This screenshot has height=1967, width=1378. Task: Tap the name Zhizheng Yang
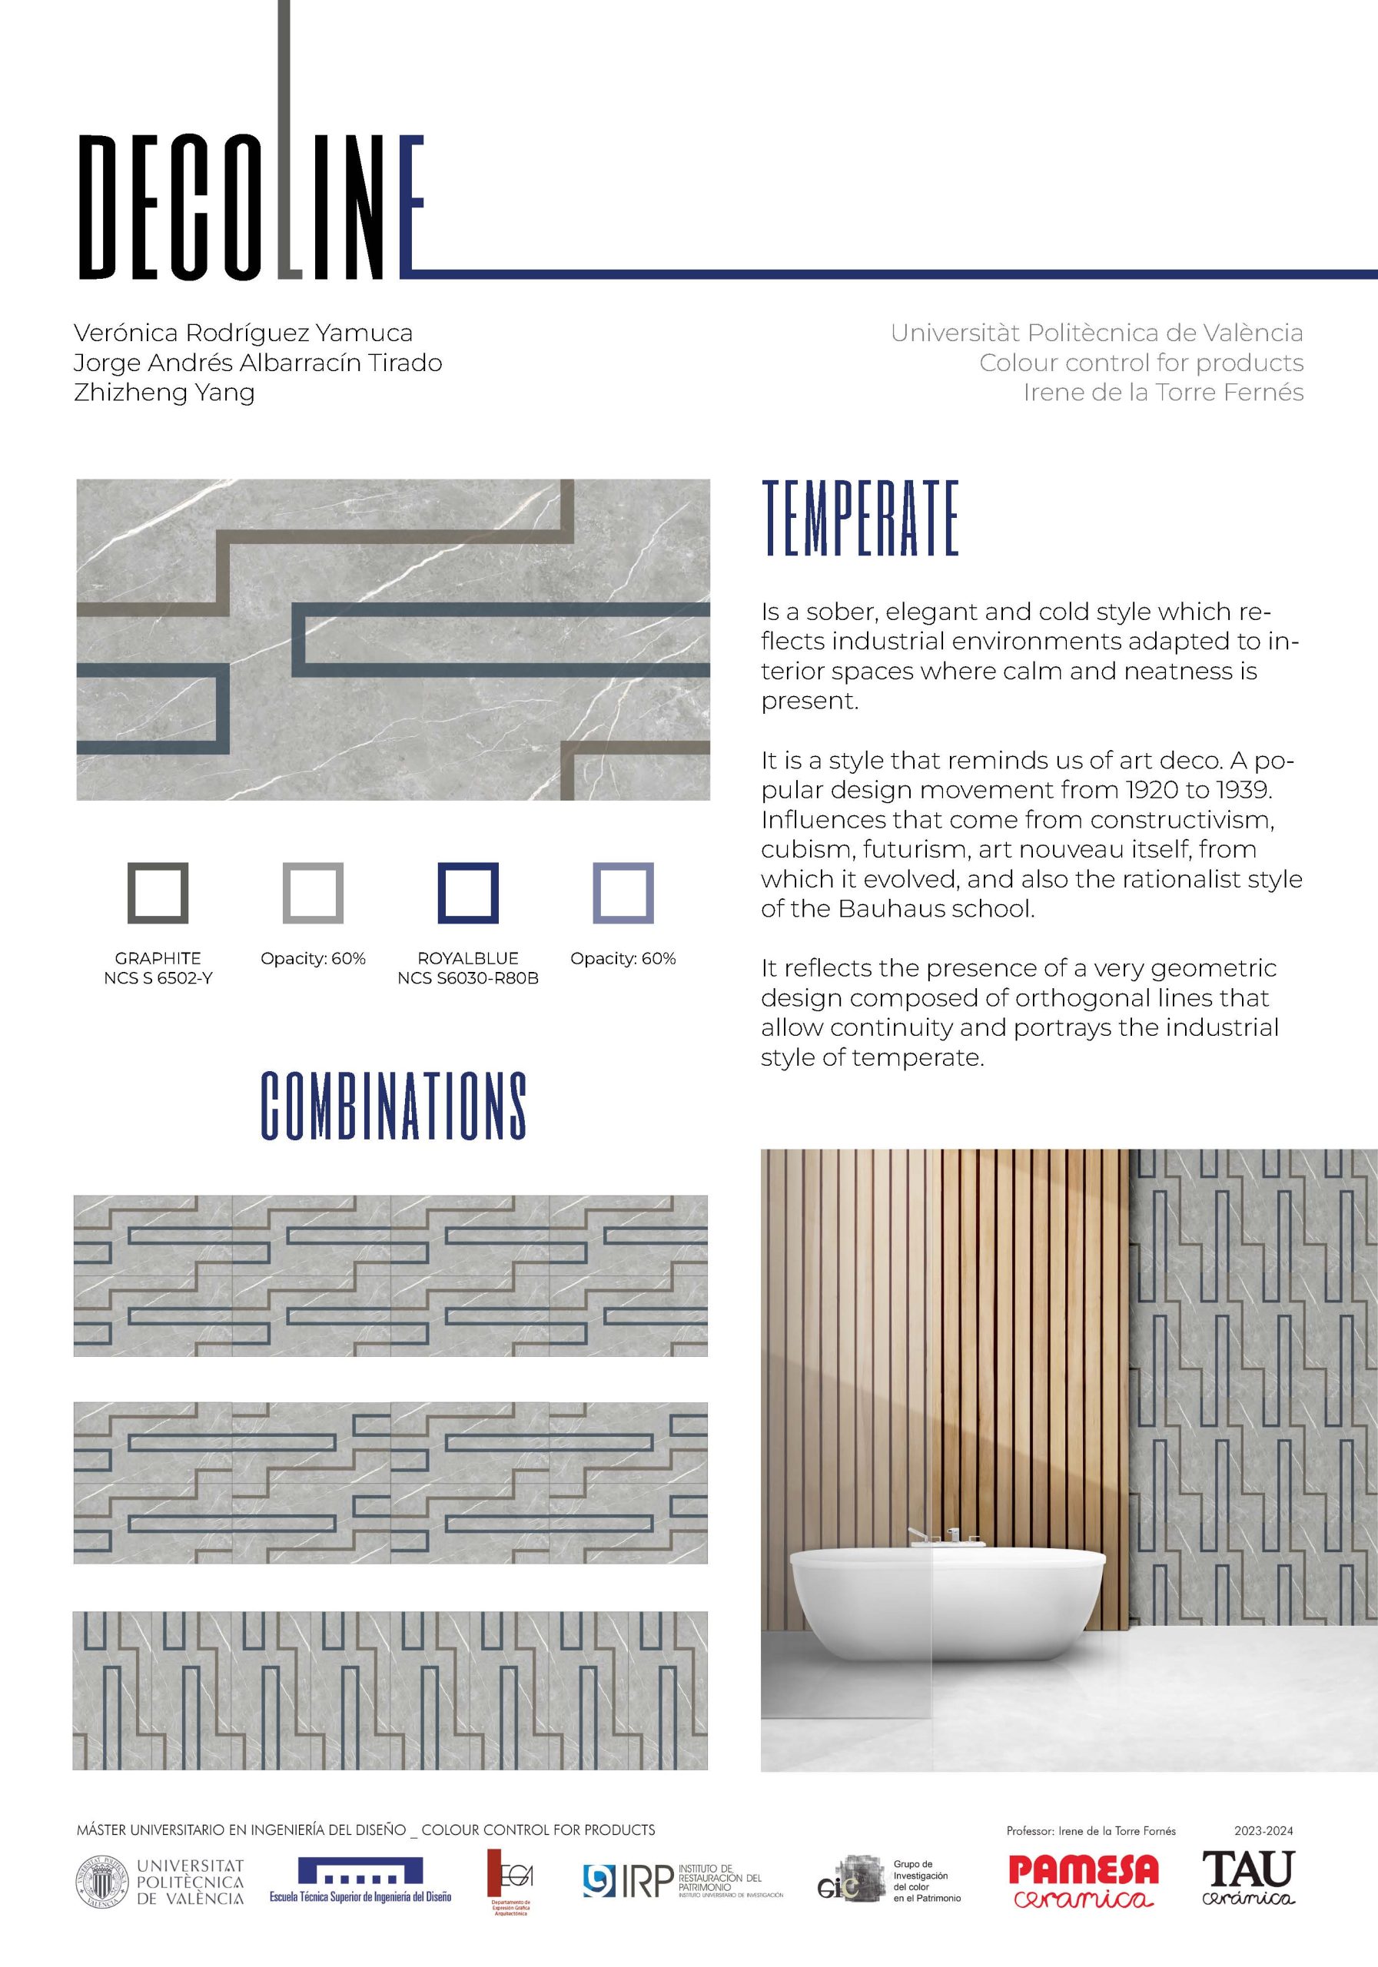[x=164, y=393]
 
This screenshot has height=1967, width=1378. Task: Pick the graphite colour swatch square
[x=158, y=893]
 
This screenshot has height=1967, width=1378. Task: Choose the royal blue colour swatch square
[x=468, y=893]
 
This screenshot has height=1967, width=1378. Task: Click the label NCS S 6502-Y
[x=158, y=978]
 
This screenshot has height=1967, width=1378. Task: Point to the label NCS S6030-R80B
[x=468, y=978]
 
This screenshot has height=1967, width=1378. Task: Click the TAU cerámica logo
[x=1248, y=1877]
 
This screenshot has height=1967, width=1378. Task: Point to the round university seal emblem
[x=101, y=1882]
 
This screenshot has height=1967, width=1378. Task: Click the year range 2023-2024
[x=1263, y=1831]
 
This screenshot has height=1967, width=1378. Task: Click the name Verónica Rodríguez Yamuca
[x=244, y=333]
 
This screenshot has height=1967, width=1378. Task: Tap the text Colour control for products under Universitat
[x=1141, y=363]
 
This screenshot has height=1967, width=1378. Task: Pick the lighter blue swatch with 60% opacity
[x=623, y=893]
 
